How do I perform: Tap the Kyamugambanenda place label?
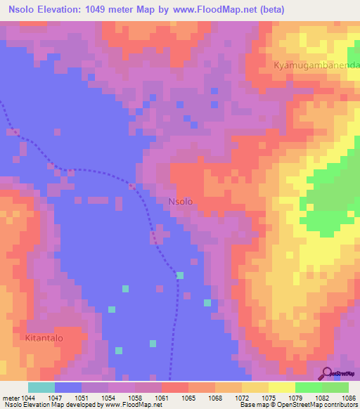(x=316, y=65)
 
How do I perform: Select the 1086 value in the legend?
(x=349, y=398)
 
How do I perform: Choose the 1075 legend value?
(x=269, y=398)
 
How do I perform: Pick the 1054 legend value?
(x=108, y=398)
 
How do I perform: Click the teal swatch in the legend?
(x=41, y=387)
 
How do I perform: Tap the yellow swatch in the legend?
(x=282, y=387)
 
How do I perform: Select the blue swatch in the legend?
(x=68, y=387)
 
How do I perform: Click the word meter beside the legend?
(x=11, y=398)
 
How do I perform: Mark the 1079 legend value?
(x=295, y=398)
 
